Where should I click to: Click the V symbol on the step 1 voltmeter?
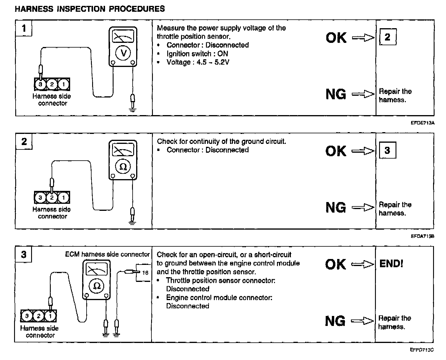click(x=123, y=53)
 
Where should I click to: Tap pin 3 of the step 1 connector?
click(x=40, y=85)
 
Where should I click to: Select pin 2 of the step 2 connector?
click(x=52, y=198)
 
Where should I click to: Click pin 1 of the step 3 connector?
click(x=50, y=316)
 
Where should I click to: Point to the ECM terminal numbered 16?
click(x=145, y=273)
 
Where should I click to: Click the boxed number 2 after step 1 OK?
click(x=388, y=37)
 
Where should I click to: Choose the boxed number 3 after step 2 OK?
click(x=387, y=150)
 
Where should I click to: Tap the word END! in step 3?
click(x=391, y=264)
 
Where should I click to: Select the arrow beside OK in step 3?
click(x=363, y=264)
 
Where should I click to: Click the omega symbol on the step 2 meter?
click(x=123, y=166)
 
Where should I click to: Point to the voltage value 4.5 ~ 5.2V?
click(x=213, y=62)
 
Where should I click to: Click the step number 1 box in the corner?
click(x=24, y=28)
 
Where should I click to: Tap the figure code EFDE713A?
click(x=422, y=123)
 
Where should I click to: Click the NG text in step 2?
click(x=336, y=208)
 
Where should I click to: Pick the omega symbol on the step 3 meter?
click(x=97, y=286)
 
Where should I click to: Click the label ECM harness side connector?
click(x=107, y=254)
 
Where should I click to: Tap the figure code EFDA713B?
click(x=422, y=236)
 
